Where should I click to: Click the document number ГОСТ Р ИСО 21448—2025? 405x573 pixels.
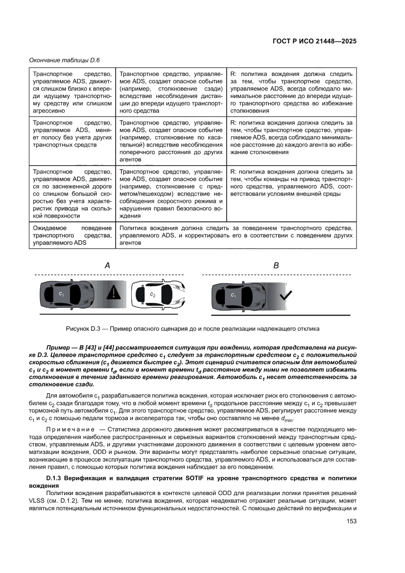[314, 42]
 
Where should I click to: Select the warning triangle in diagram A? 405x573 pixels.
[114, 293]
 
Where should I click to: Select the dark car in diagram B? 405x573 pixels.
[238, 295]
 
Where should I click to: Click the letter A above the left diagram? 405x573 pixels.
[107, 265]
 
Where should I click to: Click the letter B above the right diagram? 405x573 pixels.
[276, 265]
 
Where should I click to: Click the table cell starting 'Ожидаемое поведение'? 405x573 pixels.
[71, 235]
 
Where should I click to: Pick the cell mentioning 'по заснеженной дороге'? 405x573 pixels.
[71, 193]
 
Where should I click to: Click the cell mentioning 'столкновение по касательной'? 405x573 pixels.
[171, 142]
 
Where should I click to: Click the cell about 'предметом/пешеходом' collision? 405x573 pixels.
[171, 193]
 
